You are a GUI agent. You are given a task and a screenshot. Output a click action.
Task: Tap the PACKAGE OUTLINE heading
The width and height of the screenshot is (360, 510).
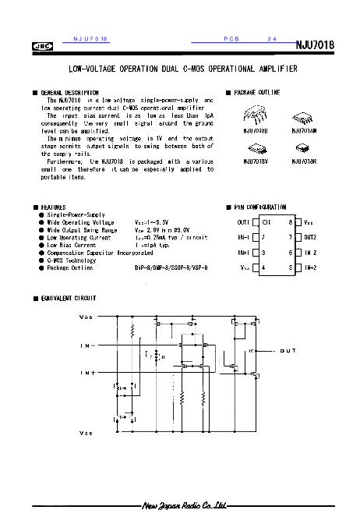click(x=257, y=93)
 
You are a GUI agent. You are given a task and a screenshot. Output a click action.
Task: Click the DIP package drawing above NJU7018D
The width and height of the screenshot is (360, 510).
click(x=256, y=117)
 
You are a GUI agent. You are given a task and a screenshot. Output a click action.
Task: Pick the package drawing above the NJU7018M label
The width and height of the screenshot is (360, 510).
click(x=303, y=117)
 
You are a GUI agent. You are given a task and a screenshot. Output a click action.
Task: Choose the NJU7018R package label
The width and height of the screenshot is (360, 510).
click(x=303, y=161)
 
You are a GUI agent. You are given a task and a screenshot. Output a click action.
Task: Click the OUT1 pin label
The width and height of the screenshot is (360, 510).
click(x=243, y=222)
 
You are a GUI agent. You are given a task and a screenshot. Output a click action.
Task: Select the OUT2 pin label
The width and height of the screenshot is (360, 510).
click(x=309, y=237)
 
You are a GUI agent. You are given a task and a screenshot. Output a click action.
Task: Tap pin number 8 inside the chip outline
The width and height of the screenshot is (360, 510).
click(x=290, y=222)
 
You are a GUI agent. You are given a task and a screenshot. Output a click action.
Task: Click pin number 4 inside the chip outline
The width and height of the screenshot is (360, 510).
click(x=264, y=267)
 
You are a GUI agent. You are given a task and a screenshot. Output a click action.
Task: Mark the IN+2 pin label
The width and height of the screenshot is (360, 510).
click(x=309, y=267)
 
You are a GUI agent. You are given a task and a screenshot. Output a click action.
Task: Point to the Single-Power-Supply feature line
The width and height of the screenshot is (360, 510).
click(x=76, y=214)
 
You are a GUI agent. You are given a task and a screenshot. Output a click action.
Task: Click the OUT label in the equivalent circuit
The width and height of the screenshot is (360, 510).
click(x=287, y=351)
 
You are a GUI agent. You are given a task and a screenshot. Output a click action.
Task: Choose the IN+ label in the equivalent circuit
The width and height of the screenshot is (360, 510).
click(x=87, y=373)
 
